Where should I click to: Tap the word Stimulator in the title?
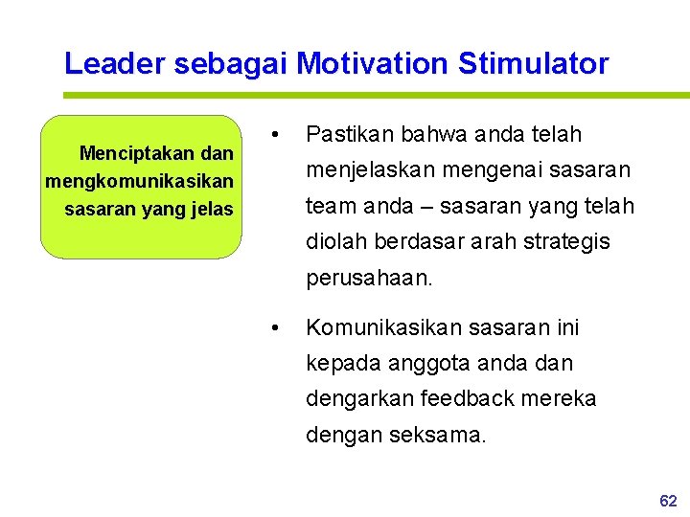click(533, 64)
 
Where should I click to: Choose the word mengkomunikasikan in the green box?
click(139, 181)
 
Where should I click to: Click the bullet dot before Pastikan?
click(276, 134)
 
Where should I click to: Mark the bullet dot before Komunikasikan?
click(276, 328)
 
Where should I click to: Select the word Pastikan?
click(345, 134)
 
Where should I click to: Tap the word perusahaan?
click(370, 280)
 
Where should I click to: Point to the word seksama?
click(438, 436)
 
